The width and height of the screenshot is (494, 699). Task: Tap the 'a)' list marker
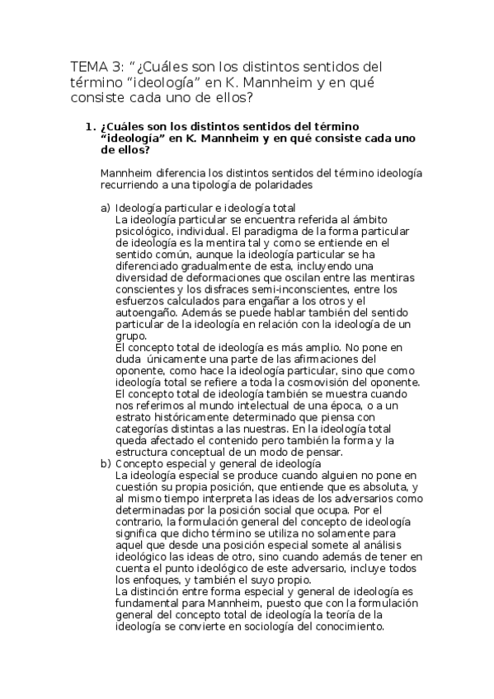pyautogui.click(x=105, y=208)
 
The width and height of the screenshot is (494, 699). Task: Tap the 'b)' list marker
pyautogui.click(x=105, y=463)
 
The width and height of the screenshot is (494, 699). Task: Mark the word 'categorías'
pyautogui.click(x=144, y=429)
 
